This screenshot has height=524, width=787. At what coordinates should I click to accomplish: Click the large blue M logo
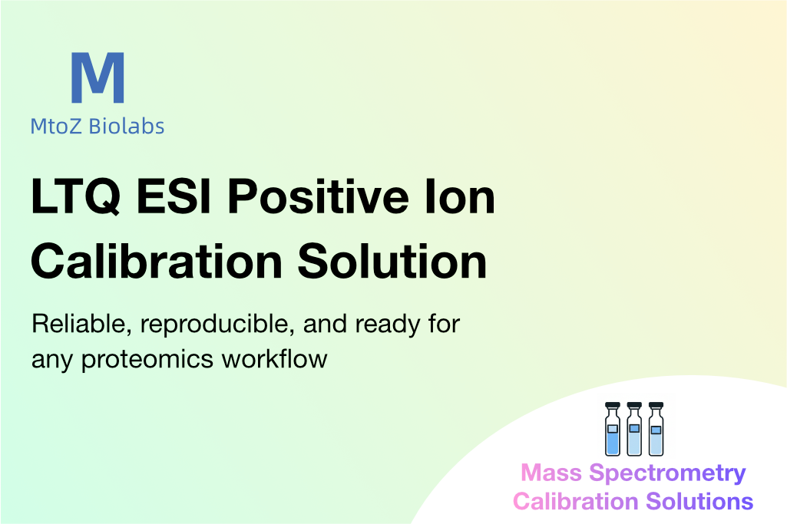[98, 77]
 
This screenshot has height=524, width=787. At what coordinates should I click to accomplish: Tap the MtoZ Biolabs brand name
[98, 127]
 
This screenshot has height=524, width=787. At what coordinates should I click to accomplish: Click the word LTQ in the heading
[76, 197]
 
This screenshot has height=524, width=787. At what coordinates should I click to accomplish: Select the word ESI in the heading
[174, 196]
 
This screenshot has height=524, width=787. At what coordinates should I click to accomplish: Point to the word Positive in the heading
[318, 196]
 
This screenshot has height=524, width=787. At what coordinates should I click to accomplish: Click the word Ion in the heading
[460, 196]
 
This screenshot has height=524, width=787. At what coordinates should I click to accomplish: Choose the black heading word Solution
[392, 261]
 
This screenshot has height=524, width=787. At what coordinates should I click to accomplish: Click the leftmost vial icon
[613, 429]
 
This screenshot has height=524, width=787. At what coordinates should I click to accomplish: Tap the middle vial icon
[634, 429]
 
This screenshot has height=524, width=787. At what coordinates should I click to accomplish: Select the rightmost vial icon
[656, 429]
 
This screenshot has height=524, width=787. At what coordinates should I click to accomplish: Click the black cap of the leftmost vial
[613, 405]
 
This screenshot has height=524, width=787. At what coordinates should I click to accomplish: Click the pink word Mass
[551, 473]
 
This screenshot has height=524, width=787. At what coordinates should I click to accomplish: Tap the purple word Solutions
[699, 501]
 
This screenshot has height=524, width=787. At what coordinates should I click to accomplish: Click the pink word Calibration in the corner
[576, 501]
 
